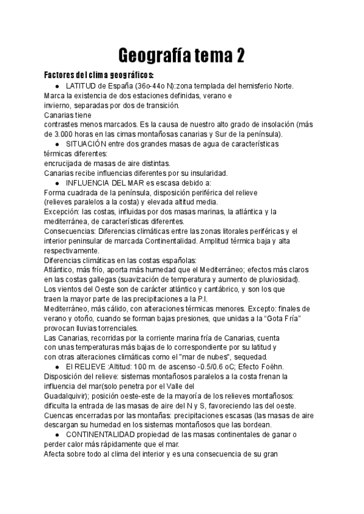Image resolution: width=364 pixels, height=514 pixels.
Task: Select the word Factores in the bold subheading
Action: coord(62,75)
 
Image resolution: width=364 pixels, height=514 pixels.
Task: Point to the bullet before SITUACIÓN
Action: coord(56,144)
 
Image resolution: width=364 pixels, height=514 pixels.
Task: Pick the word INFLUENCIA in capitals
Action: coord(88,182)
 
